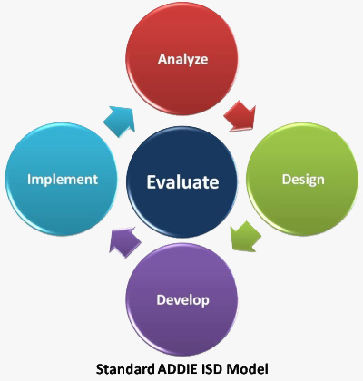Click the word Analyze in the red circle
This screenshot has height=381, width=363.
point(182,59)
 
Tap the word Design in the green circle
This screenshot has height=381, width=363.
point(303,180)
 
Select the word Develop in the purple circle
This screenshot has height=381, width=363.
point(182,300)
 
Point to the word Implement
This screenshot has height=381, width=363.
point(63,180)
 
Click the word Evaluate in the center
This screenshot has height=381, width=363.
point(182,182)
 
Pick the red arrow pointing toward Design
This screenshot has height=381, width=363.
point(240,117)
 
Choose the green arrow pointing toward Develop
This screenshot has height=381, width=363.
point(245,237)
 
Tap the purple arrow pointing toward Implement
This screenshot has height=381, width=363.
point(124,242)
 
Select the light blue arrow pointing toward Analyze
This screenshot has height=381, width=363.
point(120,121)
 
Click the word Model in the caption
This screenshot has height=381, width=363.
point(247,369)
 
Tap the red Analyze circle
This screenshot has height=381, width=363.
point(181,59)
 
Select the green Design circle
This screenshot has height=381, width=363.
point(302,179)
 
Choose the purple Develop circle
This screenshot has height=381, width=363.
point(181,299)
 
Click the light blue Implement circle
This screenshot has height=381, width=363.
point(62,179)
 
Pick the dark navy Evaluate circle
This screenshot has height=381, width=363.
point(181,182)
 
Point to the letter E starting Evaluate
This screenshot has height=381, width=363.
point(152,182)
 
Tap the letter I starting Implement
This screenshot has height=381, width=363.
point(29,179)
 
